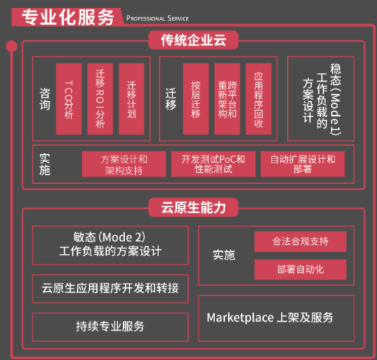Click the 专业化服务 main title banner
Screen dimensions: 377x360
pos(67,17)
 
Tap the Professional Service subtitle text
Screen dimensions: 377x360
pos(158,18)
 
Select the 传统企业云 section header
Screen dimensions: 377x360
pos(194,40)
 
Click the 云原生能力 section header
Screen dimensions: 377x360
pos(194,207)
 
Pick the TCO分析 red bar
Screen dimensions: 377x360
pos(69,99)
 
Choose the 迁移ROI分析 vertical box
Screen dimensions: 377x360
pos(100,99)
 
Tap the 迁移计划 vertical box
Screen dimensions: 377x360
pos(132,99)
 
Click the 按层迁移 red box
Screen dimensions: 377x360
pos(196,99)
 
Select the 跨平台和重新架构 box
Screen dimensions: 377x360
pos(227,99)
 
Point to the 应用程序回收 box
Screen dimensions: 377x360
pos(258,99)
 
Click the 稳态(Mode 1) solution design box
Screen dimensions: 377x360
pos(320,99)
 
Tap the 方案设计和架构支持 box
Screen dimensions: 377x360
pos(124,164)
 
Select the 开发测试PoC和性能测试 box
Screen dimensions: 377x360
pos(214,164)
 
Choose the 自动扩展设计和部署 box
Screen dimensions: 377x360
pos(303,164)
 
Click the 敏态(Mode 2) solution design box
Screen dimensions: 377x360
pos(110,245)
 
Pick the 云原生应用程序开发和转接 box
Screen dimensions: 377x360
pos(110,289)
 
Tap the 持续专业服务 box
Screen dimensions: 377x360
pos(110,327)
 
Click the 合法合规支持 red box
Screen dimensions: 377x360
pos(301,241)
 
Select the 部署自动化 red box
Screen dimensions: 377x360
pos(301,269)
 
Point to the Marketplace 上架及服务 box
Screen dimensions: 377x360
pos(276,318)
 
